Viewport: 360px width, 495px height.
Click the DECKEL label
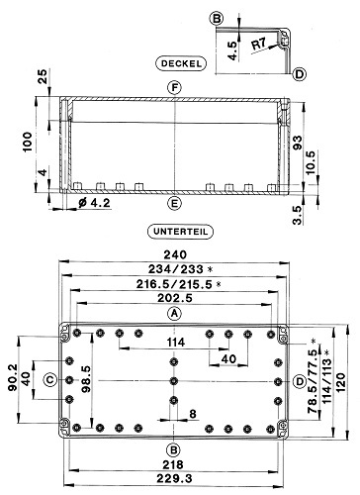pyautogui.click(x=181, y=63)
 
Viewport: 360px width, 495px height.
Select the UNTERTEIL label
pyautogui.click(x=180, y=232)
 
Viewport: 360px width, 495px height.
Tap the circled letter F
pyautogui.click(x=174, y=88)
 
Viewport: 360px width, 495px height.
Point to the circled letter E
pyautogui.click(x=174, y=203)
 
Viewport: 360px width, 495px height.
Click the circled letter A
pyautogui.click(x=174, y=313)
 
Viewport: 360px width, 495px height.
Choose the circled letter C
pyautogui.click(x=50, y=380)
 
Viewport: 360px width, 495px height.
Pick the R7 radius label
pyautogui.click(x=259, y=44)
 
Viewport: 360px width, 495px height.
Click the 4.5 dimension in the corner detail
pyautogui.click(x=232, y=50)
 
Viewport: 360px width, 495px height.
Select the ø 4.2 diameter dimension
pyautogui.click(x=94, y=203)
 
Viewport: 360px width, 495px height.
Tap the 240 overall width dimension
pyautogui.click(x=175, y=254)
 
